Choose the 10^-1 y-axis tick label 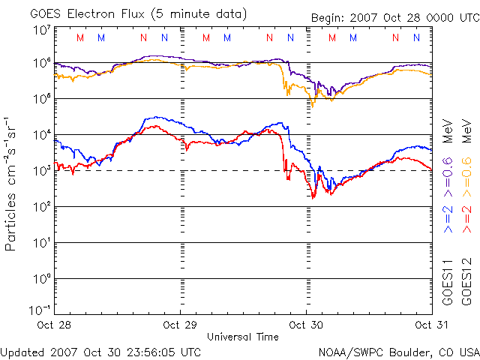click(x=39, y=310)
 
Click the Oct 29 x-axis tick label click(x=181, y=325)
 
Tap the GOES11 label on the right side click(x=448, y=282)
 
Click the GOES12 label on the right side click(x=466, y=282)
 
